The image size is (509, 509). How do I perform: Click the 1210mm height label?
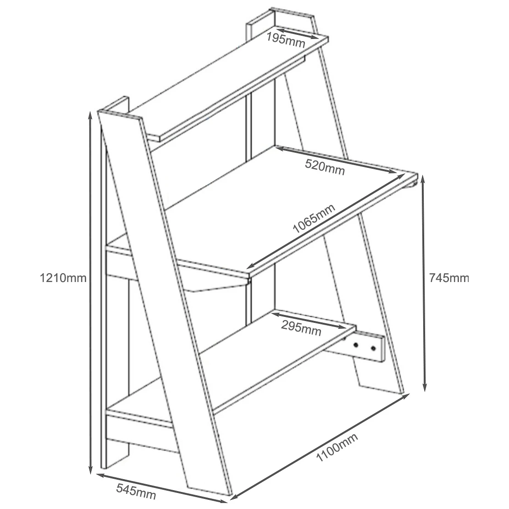(x=63, y=278)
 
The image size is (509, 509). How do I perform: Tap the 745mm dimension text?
(x=449, y=278)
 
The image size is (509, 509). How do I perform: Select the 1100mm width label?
(x=337, y=447)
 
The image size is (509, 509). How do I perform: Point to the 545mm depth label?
(x=136, y=492)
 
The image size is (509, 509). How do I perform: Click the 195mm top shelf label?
(x=286, y=40)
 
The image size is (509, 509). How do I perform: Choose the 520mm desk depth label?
(x=325, y=167)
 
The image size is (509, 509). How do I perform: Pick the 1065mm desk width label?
(x=314, y=219)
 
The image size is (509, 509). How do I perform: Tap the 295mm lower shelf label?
(x=301, y=328)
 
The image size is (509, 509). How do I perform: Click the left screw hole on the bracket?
(x=356, y=345)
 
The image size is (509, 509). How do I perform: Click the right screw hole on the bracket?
(x=373, y=349)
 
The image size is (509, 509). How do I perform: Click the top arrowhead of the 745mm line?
(x=423, y=177)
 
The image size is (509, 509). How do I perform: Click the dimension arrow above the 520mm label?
(x=337, y=160)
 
